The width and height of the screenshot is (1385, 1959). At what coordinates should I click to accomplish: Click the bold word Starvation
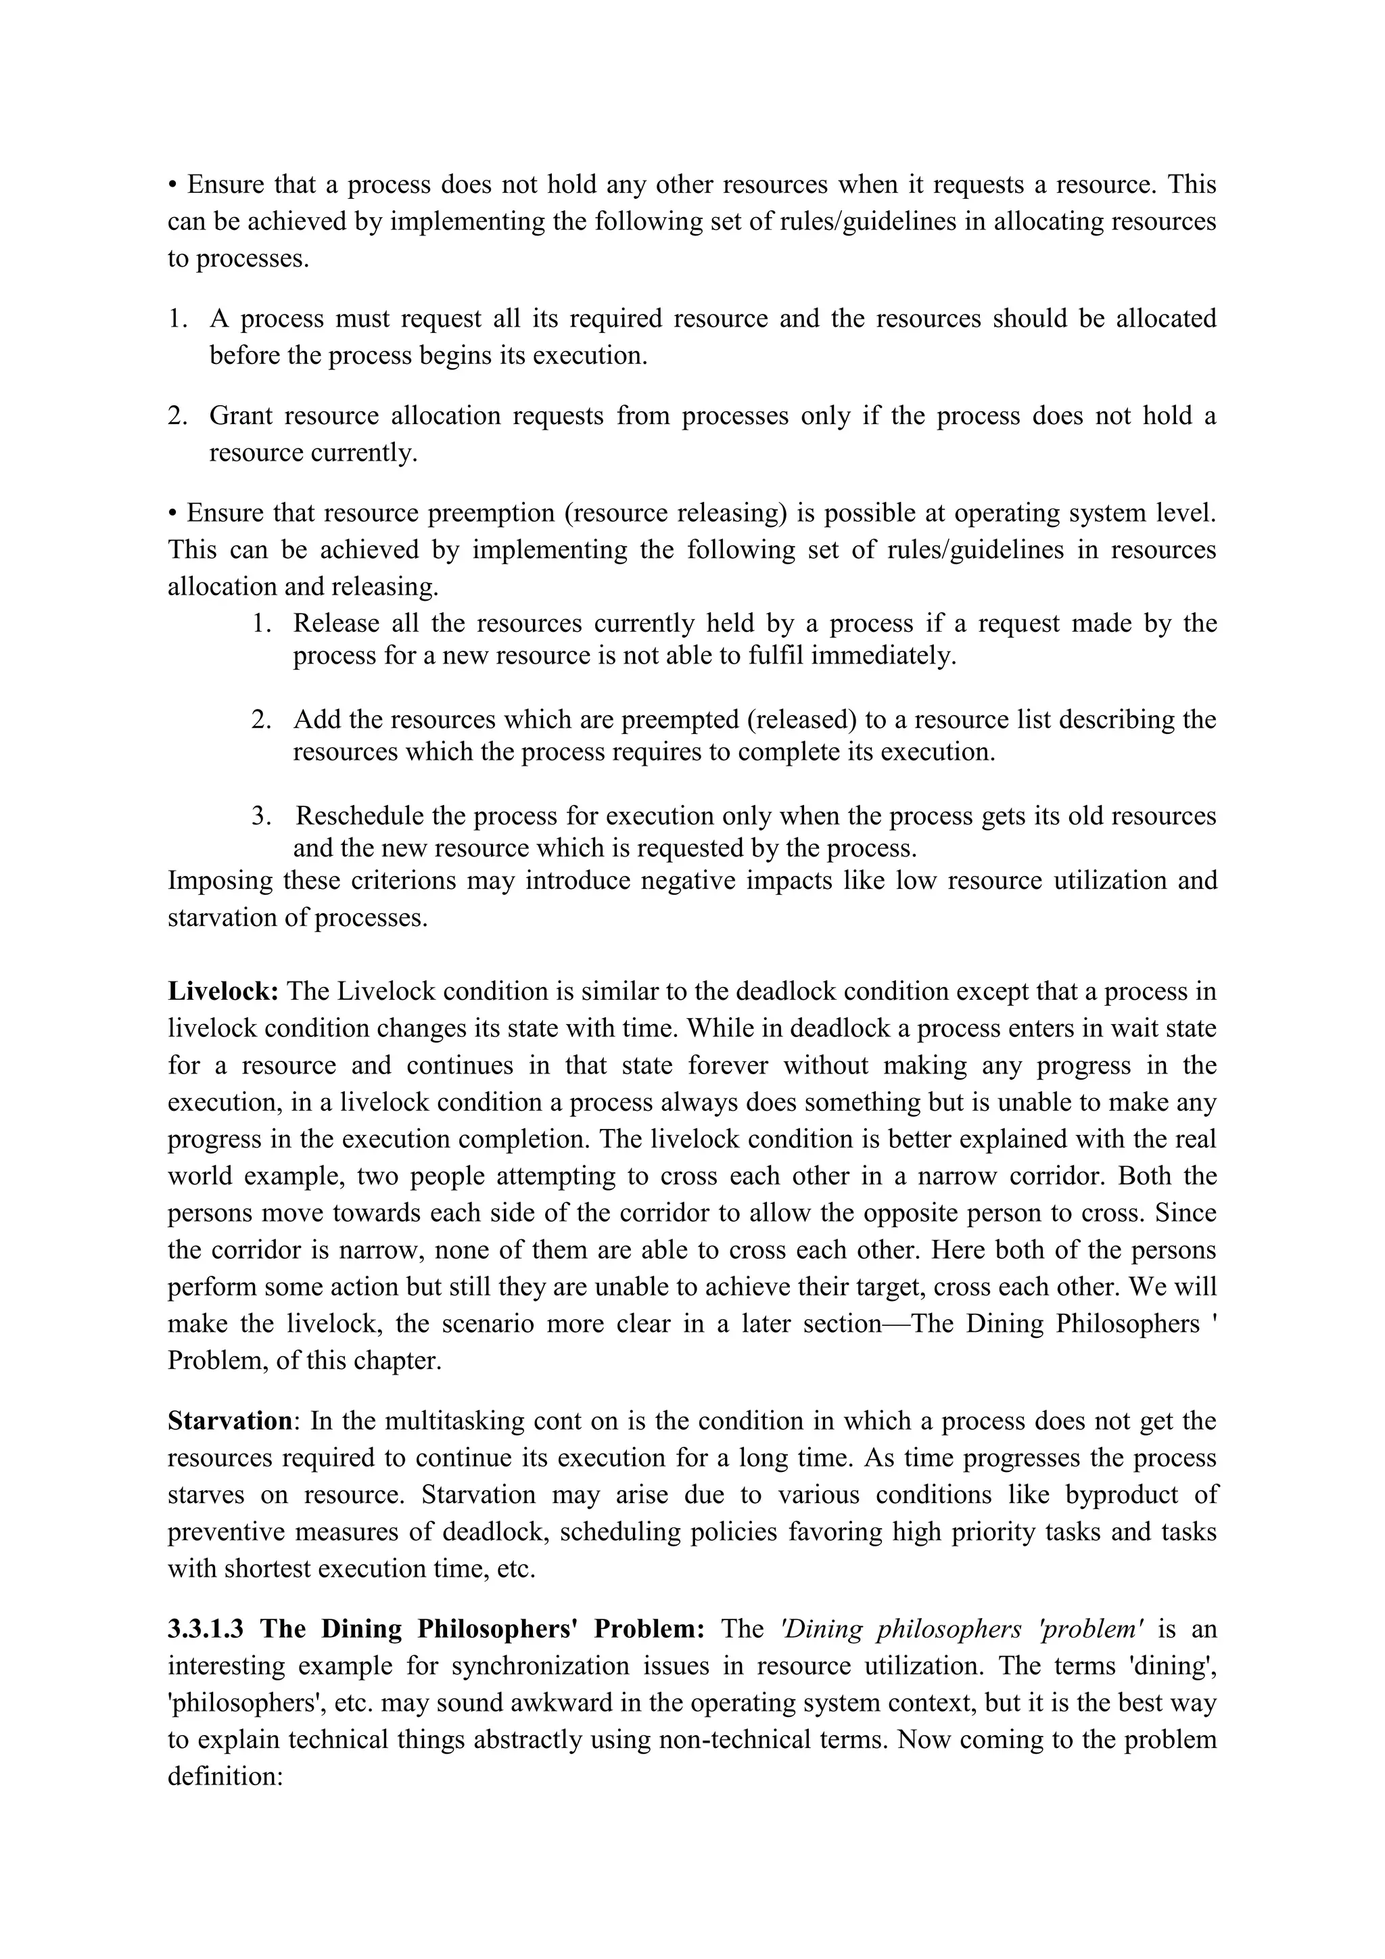tap(229, 1421)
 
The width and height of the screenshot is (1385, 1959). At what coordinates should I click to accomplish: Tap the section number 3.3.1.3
tap(206, 1629)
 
